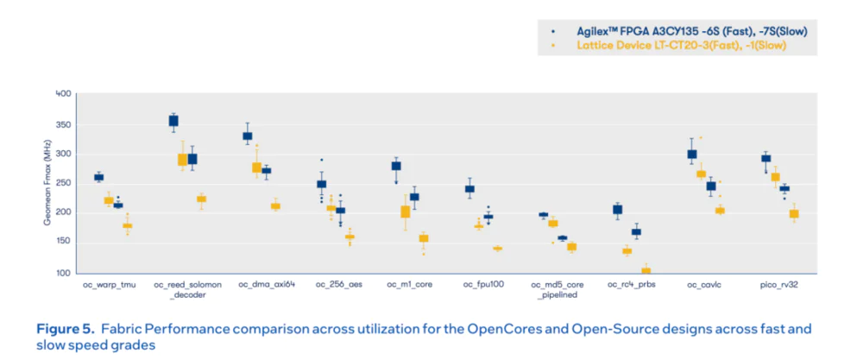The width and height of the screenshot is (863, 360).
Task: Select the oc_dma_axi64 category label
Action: (x=267, y=284)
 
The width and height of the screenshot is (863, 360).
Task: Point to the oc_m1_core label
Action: (x=410, y=284)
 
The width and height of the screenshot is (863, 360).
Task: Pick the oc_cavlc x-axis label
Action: (x=704, y=284)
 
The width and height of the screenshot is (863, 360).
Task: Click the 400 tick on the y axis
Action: (x=62, y=93)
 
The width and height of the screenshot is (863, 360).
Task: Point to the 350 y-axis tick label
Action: (x=62, y=123)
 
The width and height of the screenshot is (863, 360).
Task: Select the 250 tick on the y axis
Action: (x=62, y=183)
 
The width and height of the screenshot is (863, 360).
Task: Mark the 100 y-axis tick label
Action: (x=62, y=273)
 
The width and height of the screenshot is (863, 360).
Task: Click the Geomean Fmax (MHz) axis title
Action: (x=47, y=183)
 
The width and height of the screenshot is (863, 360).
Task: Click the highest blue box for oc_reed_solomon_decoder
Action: (x=173, y=121)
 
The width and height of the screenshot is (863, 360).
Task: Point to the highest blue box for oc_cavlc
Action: (x=692, y=154)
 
